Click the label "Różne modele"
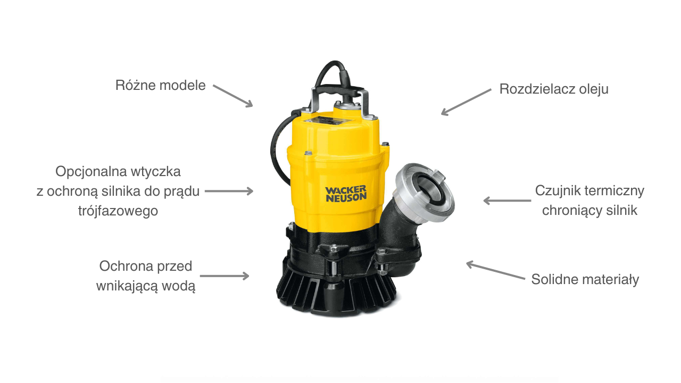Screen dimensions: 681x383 [x=160, y=86]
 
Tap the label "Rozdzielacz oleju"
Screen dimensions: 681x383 [x=554, y=89]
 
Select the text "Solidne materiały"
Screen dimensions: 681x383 [x=585, y=279]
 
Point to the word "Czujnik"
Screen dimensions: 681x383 [x=558, y=191]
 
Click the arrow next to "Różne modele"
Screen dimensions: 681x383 [x=233, y=96]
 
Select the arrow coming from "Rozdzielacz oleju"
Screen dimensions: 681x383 [x=466, y=102]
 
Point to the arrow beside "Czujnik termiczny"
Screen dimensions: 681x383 [x=507, y=201]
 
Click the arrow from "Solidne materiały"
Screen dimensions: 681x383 [x=495, y=270]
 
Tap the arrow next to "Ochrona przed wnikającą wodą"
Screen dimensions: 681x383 [x=225, y=276]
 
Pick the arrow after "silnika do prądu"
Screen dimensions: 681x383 [x=229, y=191]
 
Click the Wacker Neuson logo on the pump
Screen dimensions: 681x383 [x=346, y=194]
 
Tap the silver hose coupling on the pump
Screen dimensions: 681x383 [x=425, y=192]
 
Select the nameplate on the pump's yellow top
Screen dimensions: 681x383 [x=328, y=121]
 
